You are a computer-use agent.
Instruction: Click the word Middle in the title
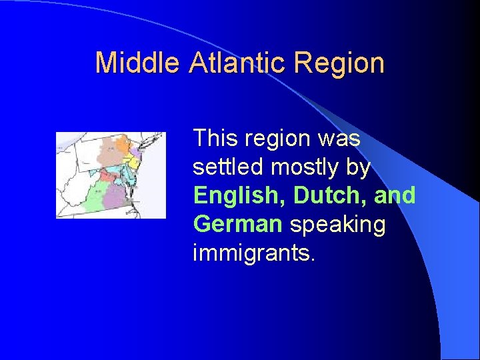(137, 63)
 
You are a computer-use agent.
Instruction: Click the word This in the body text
(215, 139)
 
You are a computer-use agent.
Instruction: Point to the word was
(339, 139)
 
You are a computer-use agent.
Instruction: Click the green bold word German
(237, 225)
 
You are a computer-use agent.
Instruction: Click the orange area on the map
(122, 143)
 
